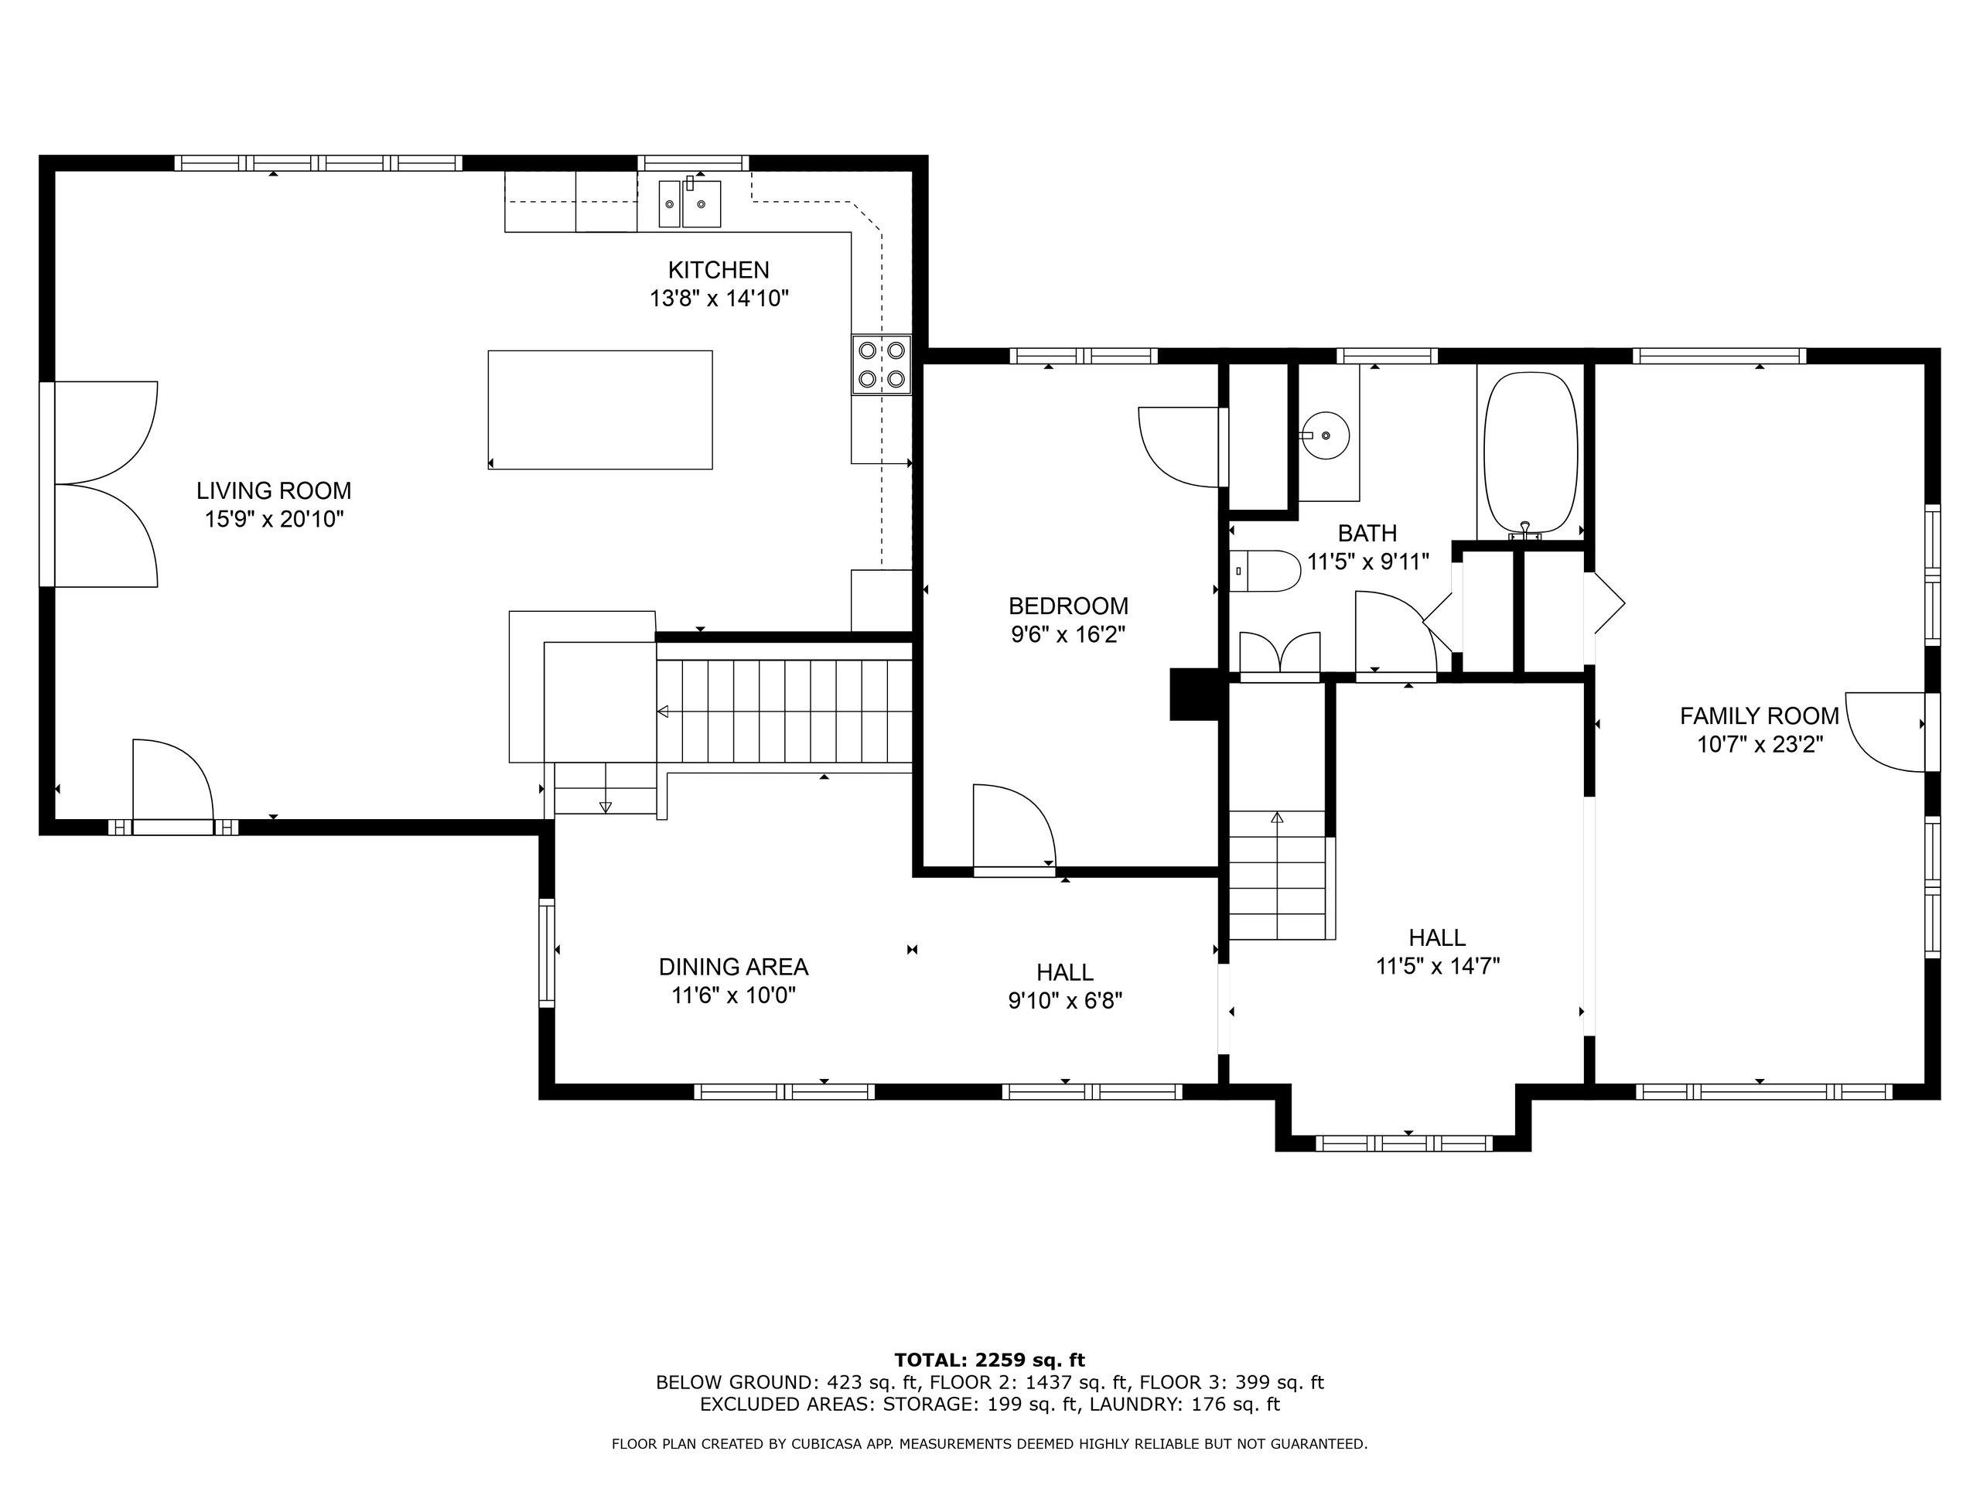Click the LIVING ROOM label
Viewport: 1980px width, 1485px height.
[274, 490]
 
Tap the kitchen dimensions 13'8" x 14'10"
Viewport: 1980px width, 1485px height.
[719, 298]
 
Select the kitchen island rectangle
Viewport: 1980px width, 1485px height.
[599, 409]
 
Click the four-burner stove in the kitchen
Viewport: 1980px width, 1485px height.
[881, 364]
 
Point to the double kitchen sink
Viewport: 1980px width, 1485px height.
[690, 204]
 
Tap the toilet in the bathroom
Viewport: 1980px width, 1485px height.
[1265, 571]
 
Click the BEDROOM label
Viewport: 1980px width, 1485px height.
[1068, 606]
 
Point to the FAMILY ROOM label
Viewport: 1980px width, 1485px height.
[1759, 716]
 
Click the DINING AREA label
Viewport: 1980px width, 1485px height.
[733, 967]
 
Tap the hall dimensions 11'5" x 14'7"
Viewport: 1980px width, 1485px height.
[1437, 966]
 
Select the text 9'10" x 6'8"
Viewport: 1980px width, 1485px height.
[1065, 1000]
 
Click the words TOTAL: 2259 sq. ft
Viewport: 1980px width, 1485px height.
[989, 1360]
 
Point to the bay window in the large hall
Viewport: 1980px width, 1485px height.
[1404, 1143]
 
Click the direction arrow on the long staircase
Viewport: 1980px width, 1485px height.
[664, 712]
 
